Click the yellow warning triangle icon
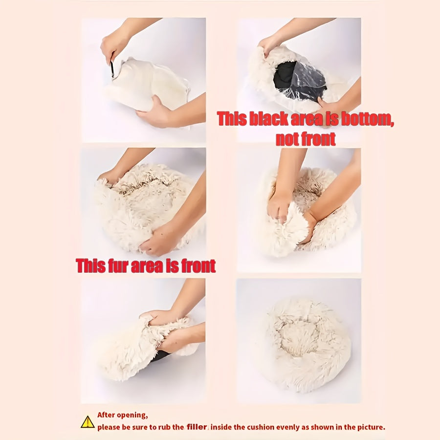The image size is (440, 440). pos(88,422)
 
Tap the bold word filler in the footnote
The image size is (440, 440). pos(197,427)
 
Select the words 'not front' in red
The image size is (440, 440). pos(306,139)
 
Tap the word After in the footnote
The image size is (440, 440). pos(106,415)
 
